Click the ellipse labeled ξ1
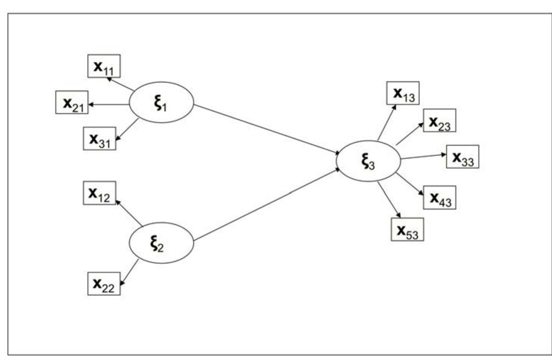(x=161, y=102)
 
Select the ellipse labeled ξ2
(x=161, y=243)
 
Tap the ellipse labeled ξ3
(x=368, y=161)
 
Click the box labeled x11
(x=104, y=66)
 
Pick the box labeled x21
(x=72, y=102)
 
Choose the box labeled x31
(x=100, y=139)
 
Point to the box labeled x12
(x=99, y=193)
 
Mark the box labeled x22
(x=104, y=284)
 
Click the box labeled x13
(x=403, y=93)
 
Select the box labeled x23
(x=439, y=121)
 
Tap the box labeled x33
(x=463, y=157)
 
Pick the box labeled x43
(x=439, y=198)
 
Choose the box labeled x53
(x=407, y=229)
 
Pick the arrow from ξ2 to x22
(x=129, y=272)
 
